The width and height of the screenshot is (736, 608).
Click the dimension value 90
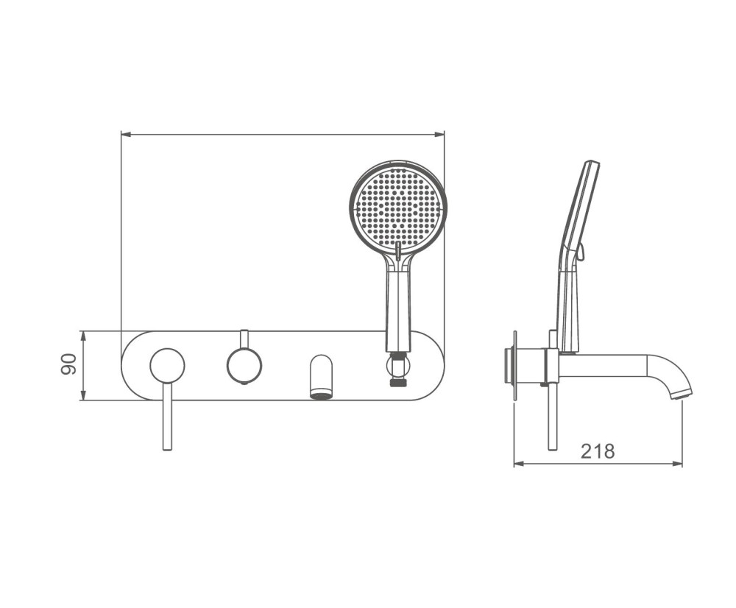click(x=68, y=364)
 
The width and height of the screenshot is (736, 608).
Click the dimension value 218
click(x=598, y=451)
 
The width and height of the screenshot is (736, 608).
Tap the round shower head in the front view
click(x=398, y=207)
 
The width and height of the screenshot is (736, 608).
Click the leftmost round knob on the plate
click(x=167, y=365)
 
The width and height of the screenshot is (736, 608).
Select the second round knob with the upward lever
click(x=244, y=365)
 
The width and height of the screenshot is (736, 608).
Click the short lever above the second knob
click(x=244, y=339)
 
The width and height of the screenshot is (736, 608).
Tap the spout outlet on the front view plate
click(x=322, y=377)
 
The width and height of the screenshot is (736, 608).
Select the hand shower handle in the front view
click(x=398, y=305)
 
